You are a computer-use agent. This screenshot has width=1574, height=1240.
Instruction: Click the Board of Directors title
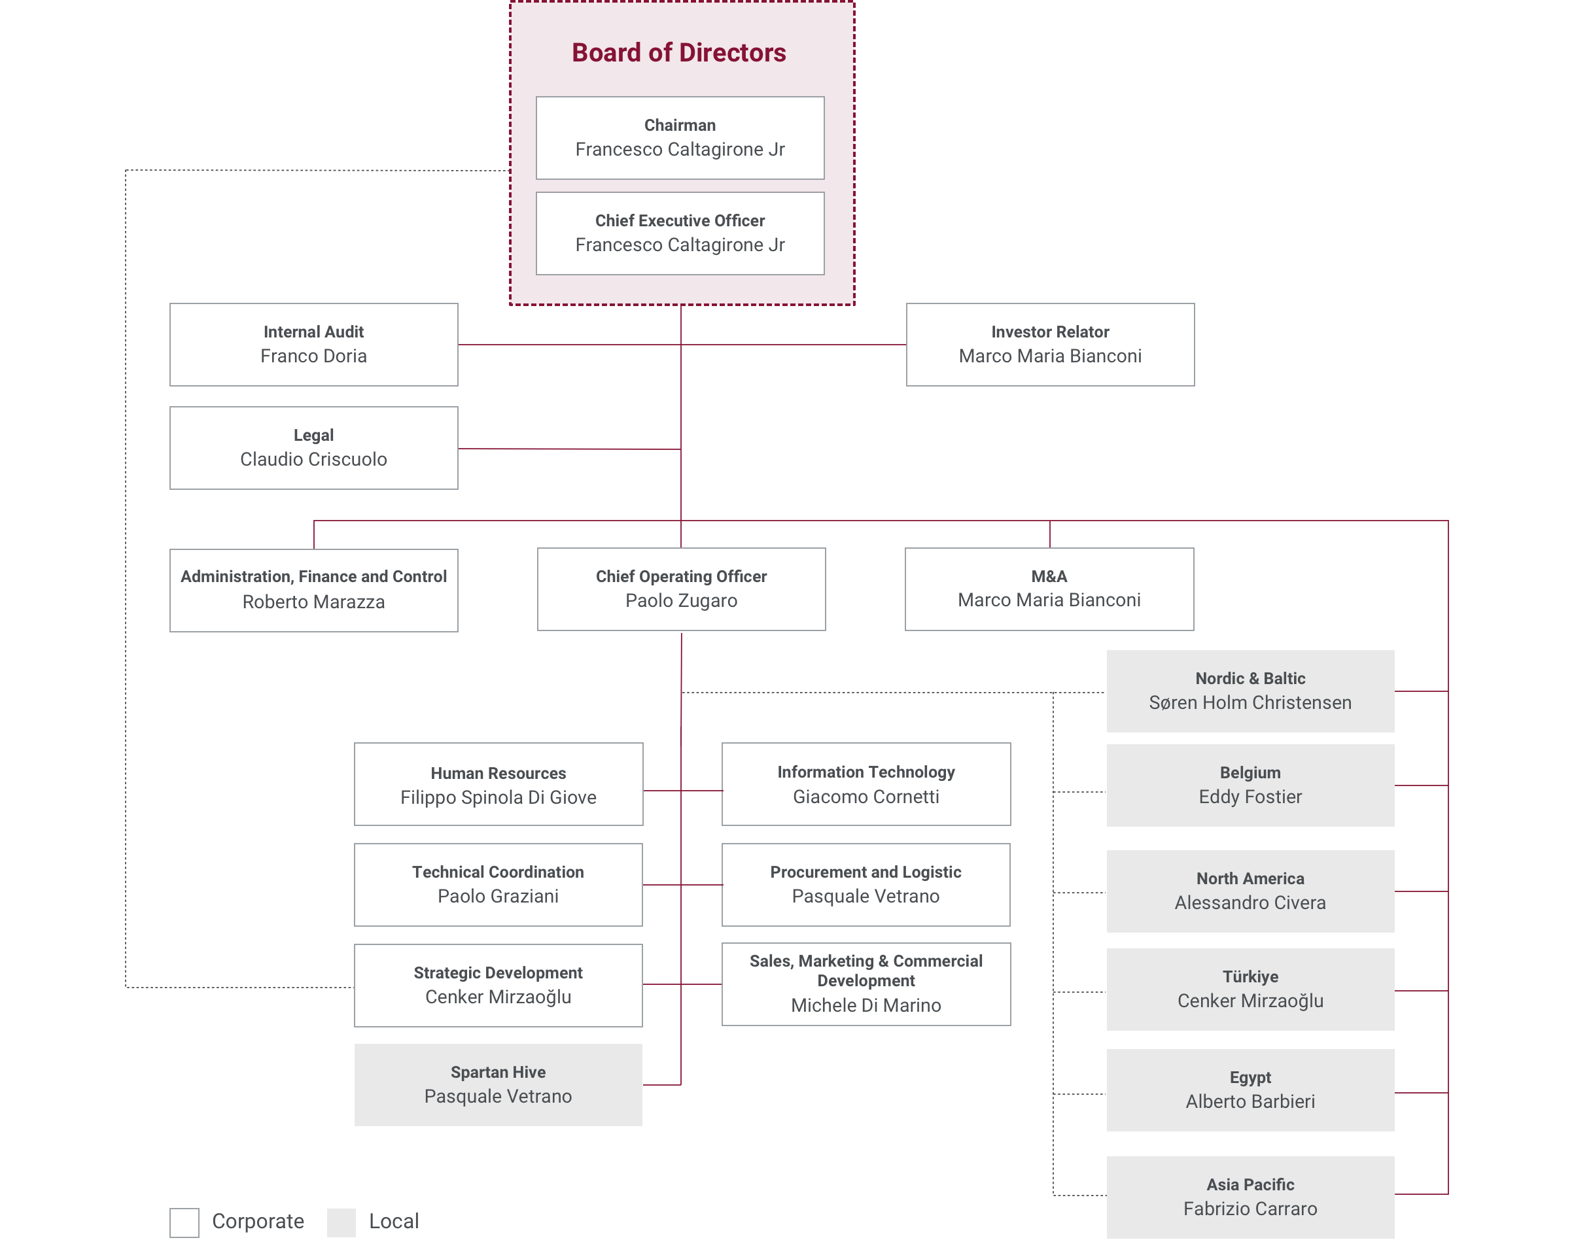[x=678, y=53]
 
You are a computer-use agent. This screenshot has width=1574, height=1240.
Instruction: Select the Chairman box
[x=680, y=138]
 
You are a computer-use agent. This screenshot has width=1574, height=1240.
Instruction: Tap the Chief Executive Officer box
[x=680, y=233]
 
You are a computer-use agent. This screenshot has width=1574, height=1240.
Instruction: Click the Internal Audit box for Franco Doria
[x=313, y=344]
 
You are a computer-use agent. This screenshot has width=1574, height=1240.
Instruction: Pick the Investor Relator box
[x=1049, y=344]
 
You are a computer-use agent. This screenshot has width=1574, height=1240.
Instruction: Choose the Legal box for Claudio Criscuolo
[x=313, y=447]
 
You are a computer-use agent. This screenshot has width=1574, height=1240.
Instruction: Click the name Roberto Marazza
[x=313, y=602]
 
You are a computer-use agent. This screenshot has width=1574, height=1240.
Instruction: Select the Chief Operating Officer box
[x=680, y=589]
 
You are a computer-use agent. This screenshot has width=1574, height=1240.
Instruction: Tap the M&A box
[x=1049, y=589]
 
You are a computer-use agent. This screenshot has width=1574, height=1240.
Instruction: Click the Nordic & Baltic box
[x=1250, y=691]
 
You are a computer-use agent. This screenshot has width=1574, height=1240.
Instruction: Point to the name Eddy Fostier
[x=1250, y=797]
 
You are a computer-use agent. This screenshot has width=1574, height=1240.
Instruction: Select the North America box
[x=1250, y=891]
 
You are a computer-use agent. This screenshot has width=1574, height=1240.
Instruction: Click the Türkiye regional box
[x=1250, y=989]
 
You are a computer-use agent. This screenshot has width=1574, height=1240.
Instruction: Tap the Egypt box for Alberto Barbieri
[x=1250, y=1089]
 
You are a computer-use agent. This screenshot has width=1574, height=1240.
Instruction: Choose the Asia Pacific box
[x=1250, y=1196]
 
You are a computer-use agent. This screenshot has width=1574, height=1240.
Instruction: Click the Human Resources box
[x=498, y=784]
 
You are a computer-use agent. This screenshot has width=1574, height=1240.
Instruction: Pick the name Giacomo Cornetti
[x=866, y=797]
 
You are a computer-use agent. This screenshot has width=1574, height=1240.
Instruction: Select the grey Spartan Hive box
[x=498, y=1084]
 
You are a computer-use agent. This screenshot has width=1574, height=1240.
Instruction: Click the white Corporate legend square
[x=184, y=1222]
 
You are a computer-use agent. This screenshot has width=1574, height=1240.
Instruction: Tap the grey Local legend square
[x=341, y=1222]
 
